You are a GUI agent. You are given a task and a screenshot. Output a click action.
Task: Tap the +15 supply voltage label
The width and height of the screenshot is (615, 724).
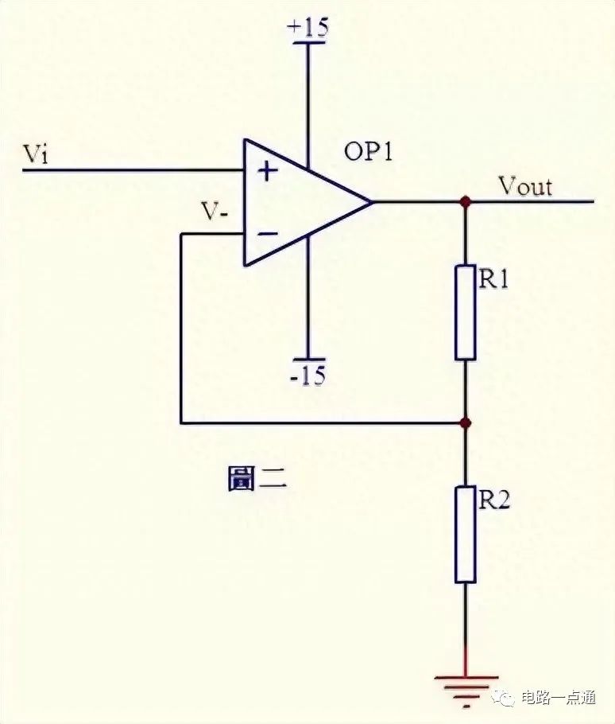[x=307, y=27]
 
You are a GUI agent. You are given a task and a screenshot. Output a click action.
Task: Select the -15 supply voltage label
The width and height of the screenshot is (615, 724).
[x=308, y=375]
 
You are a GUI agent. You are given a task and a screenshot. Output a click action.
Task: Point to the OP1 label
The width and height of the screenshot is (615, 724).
[x=369, y=151]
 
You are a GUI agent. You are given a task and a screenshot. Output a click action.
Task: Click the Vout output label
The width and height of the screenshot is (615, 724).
[x=526, y=186]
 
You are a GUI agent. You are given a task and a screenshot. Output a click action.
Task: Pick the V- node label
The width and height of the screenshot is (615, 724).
[x=215, y=212]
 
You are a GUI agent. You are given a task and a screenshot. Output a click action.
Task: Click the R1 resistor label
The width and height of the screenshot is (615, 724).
[x=494, y=279]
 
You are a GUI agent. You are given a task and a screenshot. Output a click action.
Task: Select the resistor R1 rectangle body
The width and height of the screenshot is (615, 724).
[x=465, y=312]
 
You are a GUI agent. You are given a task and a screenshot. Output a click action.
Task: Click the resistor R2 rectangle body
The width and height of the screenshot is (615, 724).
[x=465, y=534]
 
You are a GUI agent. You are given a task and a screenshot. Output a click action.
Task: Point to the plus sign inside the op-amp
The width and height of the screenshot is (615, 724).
[x=268, y=172]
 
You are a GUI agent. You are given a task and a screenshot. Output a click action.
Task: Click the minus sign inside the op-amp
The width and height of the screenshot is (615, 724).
[x=268, y=234]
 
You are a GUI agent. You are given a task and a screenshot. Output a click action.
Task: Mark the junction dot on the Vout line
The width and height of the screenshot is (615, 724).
[x=466, y=201]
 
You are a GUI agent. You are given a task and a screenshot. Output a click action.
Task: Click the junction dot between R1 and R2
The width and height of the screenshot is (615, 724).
[x=466, y=422]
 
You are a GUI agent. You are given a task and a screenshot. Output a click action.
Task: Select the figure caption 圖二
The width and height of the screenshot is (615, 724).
[x=257, y=478]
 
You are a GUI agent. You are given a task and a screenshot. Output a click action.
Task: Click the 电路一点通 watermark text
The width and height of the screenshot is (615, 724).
[x=559, y=698]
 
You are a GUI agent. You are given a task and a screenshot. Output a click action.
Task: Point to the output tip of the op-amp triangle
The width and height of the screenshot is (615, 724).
[x=372, y=202]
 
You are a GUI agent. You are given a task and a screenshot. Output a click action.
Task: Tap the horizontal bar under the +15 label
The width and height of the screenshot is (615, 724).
[x=308, y=42]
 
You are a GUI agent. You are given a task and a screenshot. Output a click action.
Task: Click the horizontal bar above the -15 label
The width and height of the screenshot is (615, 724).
[x=308, y=359]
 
